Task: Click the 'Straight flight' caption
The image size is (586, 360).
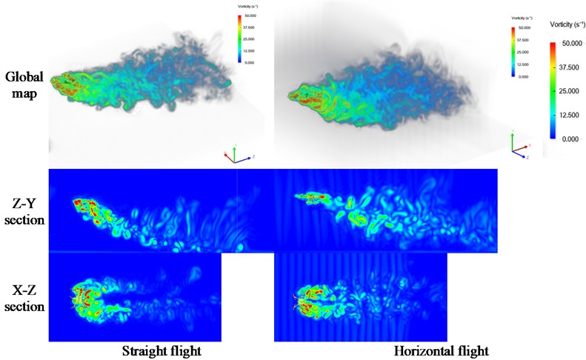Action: coord(161,350)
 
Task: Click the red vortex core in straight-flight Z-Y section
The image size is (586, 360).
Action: coord(85,207)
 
